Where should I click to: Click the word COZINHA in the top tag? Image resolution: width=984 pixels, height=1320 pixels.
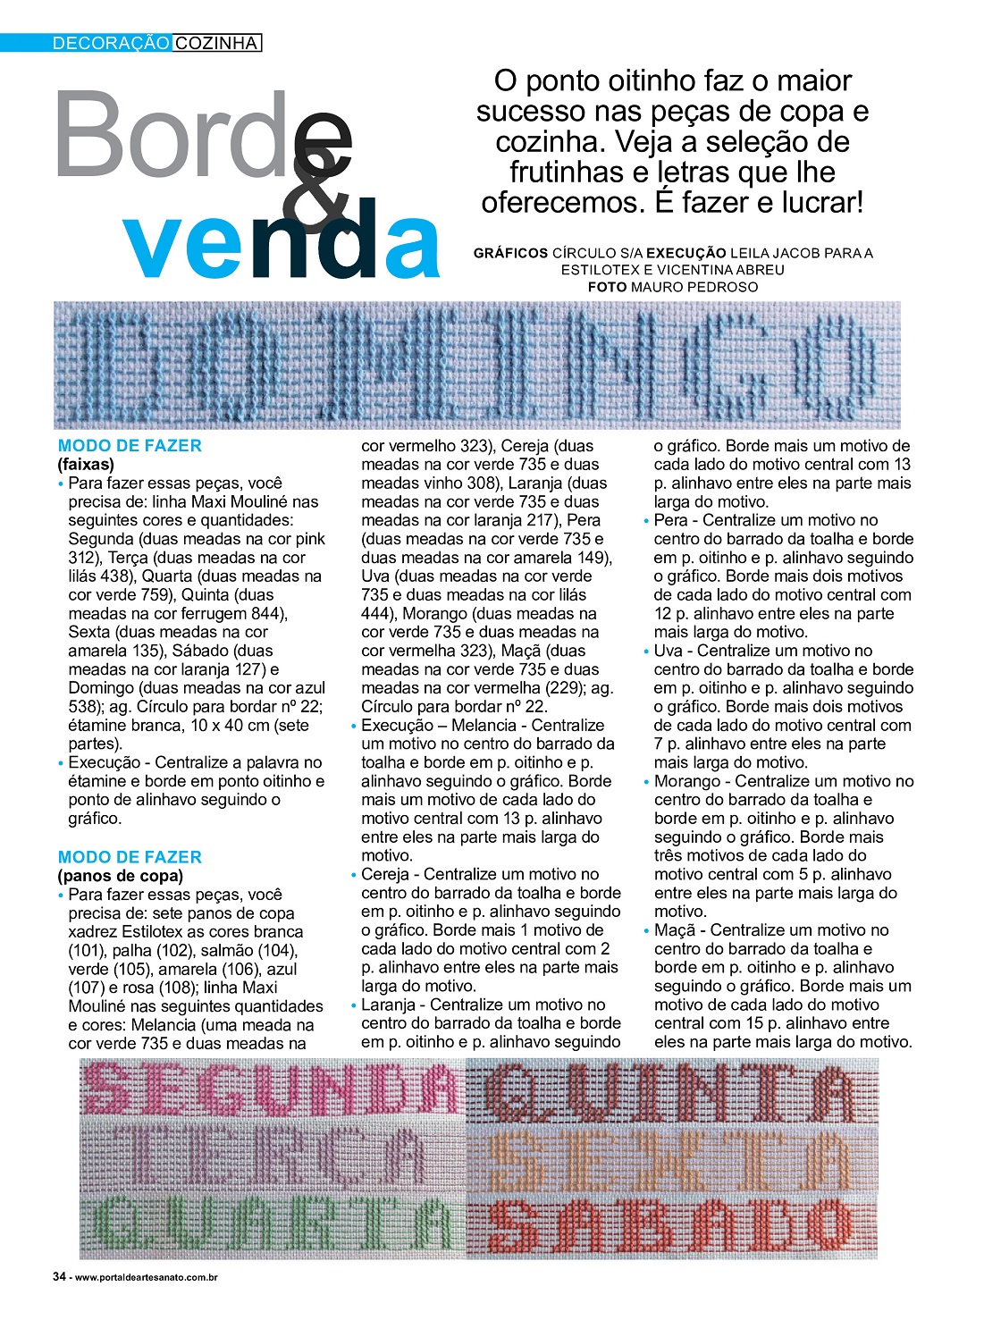point(216,43)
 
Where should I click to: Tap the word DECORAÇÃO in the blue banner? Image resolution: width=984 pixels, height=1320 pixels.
point(111,43)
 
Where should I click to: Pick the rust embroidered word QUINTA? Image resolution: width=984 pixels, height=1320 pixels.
point(671,1092)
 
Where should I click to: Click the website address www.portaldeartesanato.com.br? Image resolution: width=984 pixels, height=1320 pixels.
point(147,1278)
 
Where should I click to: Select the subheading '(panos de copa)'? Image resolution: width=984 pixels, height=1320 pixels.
point(120,876)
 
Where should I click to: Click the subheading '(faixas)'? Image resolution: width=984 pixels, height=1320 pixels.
point(86,465)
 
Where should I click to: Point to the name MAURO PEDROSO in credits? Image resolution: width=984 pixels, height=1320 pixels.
point(694,287)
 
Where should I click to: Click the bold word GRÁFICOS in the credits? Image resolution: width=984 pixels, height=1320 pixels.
point(510,253)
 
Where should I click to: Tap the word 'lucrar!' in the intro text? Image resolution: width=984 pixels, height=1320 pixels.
point(823,203)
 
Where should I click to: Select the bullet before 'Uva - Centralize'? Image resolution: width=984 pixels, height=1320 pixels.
point(646,652)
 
